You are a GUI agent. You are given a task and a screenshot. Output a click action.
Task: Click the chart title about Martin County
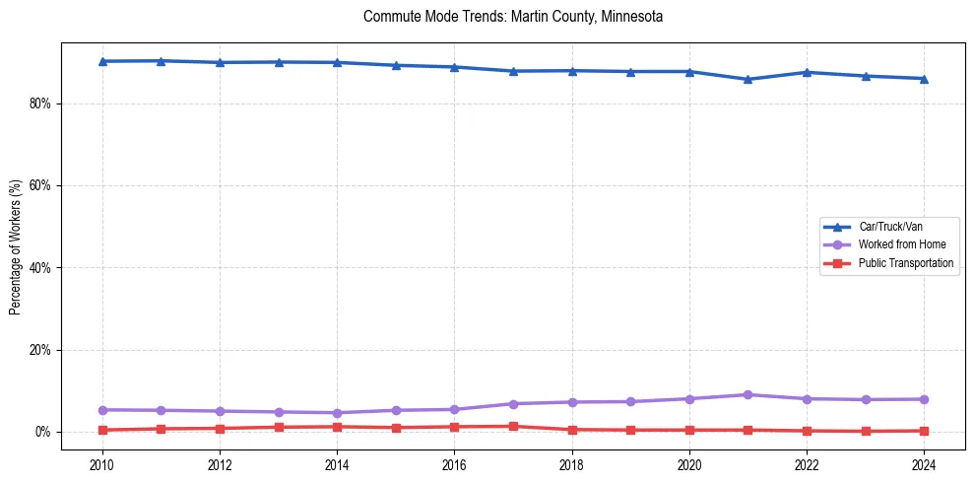(x=512, y=17)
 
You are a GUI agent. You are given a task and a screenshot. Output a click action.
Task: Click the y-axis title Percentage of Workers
(x=15, y=246)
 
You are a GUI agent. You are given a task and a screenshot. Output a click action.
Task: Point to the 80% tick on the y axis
(x=38, y=103)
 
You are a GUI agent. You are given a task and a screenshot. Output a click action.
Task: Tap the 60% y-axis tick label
(x=38, y=185)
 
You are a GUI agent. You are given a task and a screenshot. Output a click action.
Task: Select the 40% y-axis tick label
(x=38, y=268)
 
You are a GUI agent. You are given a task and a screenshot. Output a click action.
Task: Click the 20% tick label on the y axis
(x=38, y=350)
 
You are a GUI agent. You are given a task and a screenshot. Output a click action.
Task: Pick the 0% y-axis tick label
(x=41, y=432)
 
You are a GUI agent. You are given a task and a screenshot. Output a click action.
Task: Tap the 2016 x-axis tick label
(x=454, y=464)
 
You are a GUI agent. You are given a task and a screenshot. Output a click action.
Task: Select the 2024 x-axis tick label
(x=924, y=464)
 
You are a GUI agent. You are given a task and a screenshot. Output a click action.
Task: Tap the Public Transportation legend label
(x=905, y=263)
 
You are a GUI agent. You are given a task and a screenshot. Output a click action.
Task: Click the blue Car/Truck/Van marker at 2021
(x=747, y=79)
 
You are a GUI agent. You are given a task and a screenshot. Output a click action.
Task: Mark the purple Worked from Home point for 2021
(x=747, y=394)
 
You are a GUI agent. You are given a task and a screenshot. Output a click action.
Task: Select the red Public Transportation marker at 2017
(x=513, y=426)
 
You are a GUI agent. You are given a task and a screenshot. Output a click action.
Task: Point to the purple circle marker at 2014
(x=337, y=413)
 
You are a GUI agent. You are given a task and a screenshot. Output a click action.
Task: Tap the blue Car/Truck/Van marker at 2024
(x=924, y=79)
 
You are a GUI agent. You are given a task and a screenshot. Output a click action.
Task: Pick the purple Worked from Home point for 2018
(x=572, y=402)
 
